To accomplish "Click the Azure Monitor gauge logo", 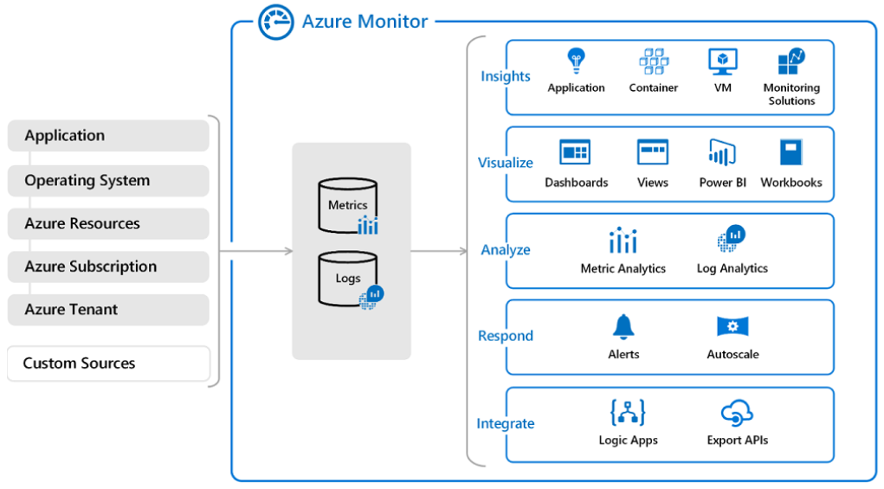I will tap(276, 22).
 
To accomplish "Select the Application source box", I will tap(108, 136).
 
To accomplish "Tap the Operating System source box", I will tap(108, 181).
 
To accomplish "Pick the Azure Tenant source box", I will tap(108, 310).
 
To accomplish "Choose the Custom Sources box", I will tap(108, 364).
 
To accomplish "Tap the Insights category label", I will tap(506, 76).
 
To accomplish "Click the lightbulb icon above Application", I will tap(576, 61).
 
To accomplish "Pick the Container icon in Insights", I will tap(654, 61).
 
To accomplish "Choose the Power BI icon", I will tap(722, 152).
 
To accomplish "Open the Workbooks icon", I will tap(791, 152).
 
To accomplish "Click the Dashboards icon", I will tap(575, 152).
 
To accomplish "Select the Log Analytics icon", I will tap(732, 238).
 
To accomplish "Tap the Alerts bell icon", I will tap(623, 326).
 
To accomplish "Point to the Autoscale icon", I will tap(732, 326).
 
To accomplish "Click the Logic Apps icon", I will tap(628, 413).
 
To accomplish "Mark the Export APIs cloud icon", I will tap(737, 413).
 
